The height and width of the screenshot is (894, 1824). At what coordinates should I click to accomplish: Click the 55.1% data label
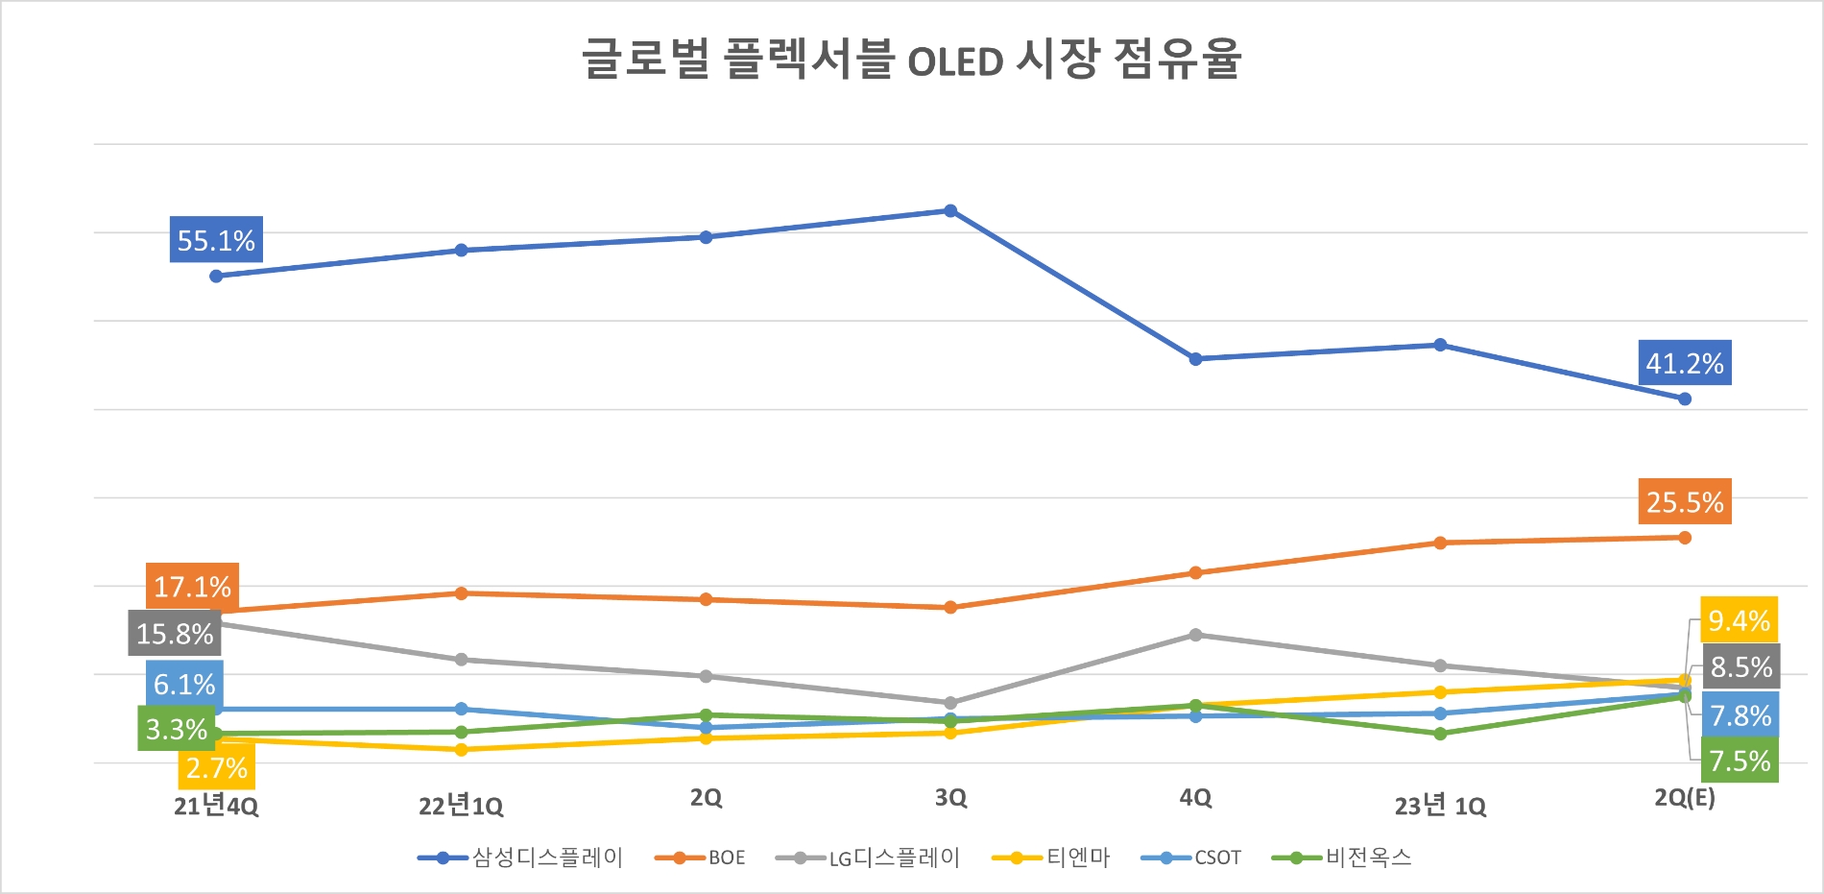click(216, 240)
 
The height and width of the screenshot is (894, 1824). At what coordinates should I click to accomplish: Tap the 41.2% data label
click(1684, 363)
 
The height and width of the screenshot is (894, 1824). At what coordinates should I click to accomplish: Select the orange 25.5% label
click(1684, 501)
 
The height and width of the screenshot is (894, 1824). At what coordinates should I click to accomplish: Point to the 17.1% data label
click(192, 586)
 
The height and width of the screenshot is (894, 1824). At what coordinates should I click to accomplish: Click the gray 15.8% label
click(175, 633)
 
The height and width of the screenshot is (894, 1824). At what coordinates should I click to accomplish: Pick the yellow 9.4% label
click(1739, 620)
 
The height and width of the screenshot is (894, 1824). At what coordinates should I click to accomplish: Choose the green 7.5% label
click(1739, 761)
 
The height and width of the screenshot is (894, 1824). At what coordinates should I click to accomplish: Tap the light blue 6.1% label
click(184, 684)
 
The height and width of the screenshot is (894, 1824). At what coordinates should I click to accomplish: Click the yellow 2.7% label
click(216, 767)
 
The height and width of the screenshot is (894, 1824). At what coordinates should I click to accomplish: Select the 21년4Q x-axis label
click(216, 805)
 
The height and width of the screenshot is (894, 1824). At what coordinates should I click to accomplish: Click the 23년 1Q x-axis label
click(1439, 805)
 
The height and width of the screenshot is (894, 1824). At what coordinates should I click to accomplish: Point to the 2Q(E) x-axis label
click(1684, 797)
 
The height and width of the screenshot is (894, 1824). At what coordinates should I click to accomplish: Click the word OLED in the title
click(955, 62)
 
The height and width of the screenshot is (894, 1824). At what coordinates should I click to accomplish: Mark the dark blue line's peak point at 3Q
click(950, 211)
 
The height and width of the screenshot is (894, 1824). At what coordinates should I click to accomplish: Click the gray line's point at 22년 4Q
click(1195, 635)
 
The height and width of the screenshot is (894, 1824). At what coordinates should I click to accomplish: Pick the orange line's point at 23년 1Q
click(1440, 543)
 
